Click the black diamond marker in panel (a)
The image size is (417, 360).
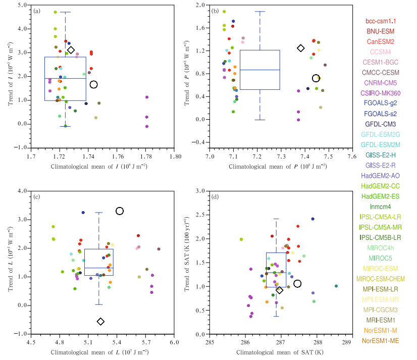71,50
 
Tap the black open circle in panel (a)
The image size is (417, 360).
93,84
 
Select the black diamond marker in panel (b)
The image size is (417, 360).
301,48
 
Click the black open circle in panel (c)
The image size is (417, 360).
120,211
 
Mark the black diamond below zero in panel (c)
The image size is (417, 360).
100,322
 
